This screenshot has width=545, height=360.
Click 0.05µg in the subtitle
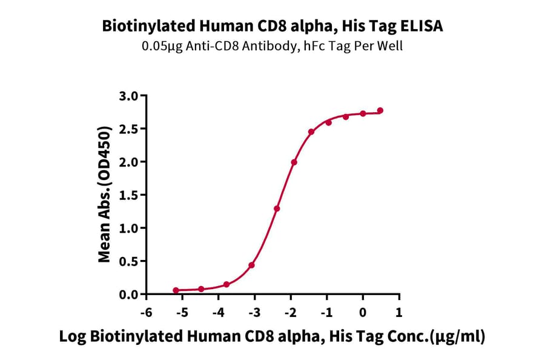[159, 46]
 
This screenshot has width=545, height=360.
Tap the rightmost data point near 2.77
[380, 110]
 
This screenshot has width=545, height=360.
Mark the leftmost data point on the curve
[176, 290]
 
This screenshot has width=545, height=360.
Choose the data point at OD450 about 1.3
[277, 208]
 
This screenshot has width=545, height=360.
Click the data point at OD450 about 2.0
[294, 162]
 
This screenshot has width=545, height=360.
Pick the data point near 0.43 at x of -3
[251, 265]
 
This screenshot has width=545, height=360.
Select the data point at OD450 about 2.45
[311, 132]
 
